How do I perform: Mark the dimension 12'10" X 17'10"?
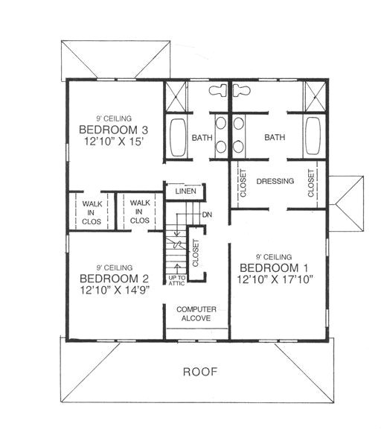275,279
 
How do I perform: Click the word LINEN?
185,191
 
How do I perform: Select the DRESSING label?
274,181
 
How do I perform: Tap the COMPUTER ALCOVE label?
193,313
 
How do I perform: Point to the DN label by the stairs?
206,214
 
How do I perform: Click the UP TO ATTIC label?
176,280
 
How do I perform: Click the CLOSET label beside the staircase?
196,253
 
